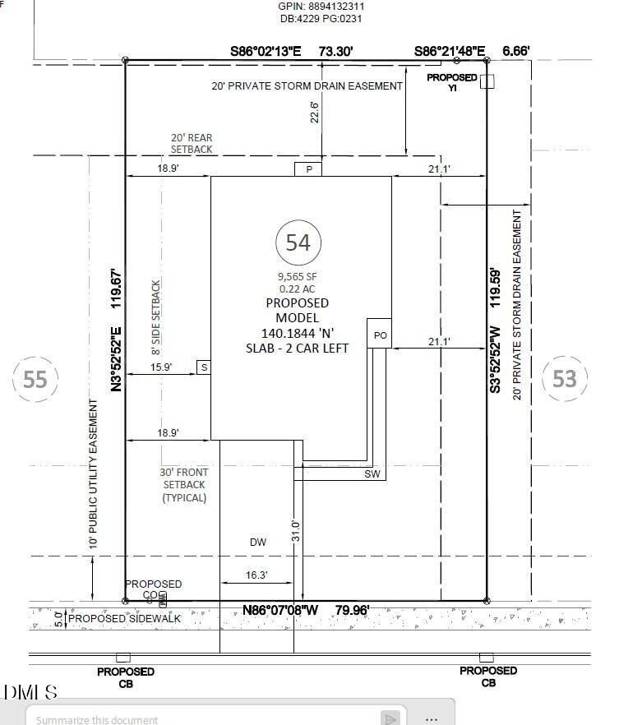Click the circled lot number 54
point(298,242)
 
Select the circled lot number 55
point(35,379)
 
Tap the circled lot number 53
point(565,378)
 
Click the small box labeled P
point(308,169)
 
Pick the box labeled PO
point(379,335)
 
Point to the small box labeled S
point(203,367)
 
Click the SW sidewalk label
point(372,474)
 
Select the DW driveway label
point(258,542)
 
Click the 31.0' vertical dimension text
point(296,530)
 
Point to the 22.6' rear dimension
point(313,110)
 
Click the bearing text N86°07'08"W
point(279,611)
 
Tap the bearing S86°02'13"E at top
point(266,51)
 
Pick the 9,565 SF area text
point(297,277)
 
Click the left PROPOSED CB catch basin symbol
point(123,657)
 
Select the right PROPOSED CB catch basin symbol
point(487,657)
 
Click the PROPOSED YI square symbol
point(487,81)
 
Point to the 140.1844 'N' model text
point(297,333)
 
